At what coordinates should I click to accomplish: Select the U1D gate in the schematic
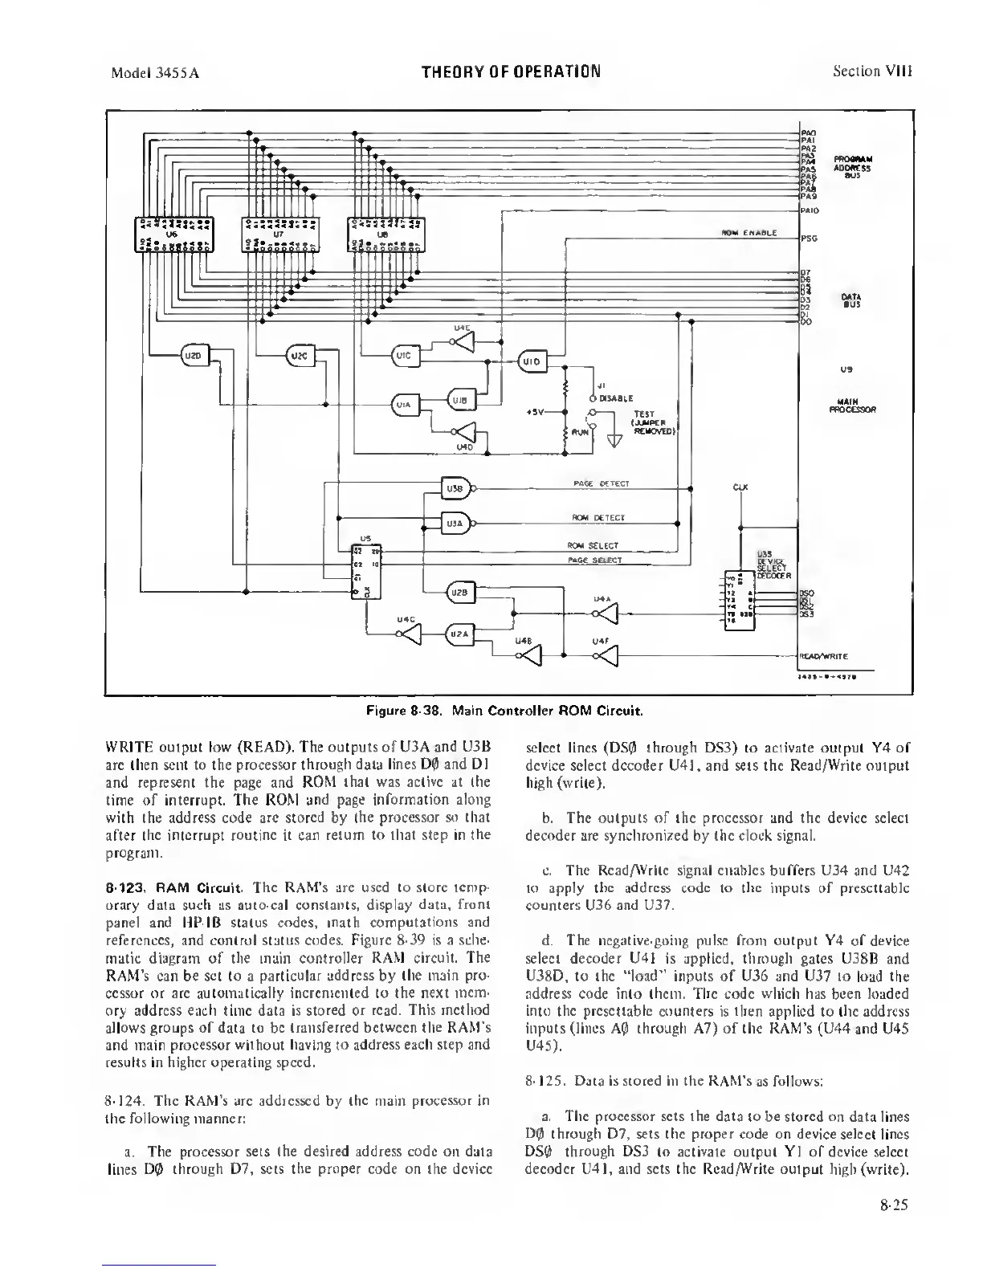tap(531, 361)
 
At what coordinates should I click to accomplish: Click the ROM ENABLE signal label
tap(748, 233)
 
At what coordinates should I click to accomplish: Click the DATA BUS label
tap(851, 301)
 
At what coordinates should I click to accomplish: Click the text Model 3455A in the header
tap(154, 72)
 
